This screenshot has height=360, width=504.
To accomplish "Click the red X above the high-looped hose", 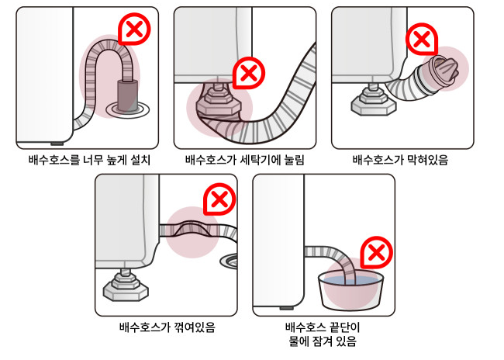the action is (x=135, y=30).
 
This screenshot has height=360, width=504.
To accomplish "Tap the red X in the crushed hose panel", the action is (x=248, y=73).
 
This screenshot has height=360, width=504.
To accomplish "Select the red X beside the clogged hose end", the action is (x=421, y=40).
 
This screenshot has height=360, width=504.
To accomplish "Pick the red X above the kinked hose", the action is (x=219, y=199).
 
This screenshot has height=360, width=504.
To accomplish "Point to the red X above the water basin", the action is (x=376, y=252).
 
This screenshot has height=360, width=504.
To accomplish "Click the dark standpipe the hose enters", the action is (x=128, y=95).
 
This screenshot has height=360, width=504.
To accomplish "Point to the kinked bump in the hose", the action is (x=192, y=228).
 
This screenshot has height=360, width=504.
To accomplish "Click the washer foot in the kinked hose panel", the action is (x=126, y=286).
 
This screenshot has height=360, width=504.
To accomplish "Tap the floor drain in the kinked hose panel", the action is (x=230, y=260).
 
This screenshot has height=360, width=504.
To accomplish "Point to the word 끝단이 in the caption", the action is (x=343, y=327).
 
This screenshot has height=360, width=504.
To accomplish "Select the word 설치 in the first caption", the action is (x=141, y=160).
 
